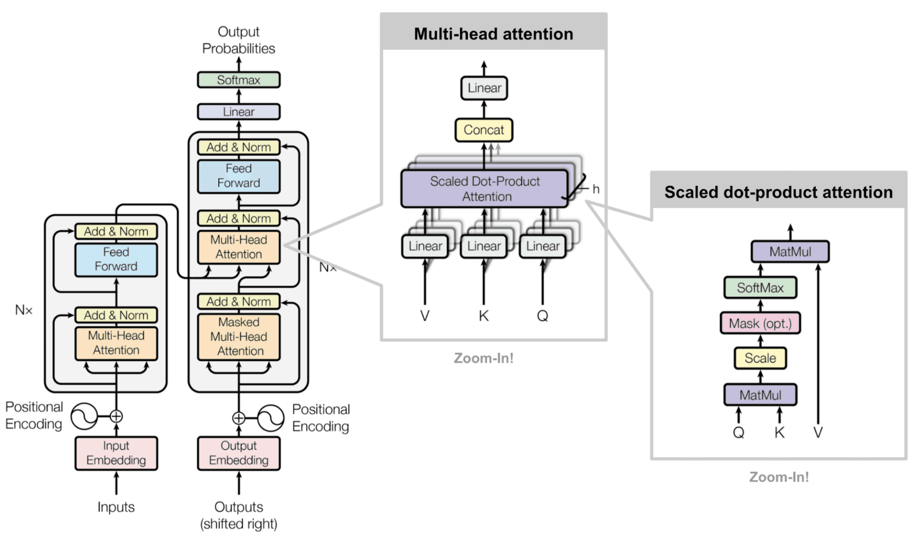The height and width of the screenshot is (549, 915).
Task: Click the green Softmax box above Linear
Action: pos(239,80)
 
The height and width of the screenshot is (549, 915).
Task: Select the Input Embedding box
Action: pos(116,453)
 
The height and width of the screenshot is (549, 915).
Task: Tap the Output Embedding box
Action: pos(239,453)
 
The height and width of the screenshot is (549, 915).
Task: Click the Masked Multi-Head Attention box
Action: pos(239,337)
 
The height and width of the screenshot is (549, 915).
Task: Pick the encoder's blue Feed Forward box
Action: pos(116,259)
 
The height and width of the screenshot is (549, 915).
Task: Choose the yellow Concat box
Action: pos(483,130)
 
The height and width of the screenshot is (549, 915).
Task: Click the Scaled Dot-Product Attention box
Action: pos(484,189)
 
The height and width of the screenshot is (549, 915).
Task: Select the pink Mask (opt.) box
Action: pos(760,323)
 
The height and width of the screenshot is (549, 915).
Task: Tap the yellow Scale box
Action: pos(760,358)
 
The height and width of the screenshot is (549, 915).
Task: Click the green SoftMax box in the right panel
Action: pos(760,288)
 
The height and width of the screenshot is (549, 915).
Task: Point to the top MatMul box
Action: pos(790,252)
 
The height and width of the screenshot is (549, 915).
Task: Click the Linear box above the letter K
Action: pos(483,246)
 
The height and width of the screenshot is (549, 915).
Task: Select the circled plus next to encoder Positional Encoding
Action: pos(116,416)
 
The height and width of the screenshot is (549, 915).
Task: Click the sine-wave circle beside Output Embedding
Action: pos(271,418)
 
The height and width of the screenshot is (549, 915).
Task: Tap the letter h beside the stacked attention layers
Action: pos(595,189)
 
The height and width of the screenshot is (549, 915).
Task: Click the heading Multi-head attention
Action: pos(493,34)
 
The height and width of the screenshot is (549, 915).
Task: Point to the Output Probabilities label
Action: pos(239,40)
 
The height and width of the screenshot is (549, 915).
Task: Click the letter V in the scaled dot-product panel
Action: pos(818,432)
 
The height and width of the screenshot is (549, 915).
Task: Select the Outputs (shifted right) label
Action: pos(239,515)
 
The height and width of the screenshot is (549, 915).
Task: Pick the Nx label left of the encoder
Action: pos(24,310)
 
